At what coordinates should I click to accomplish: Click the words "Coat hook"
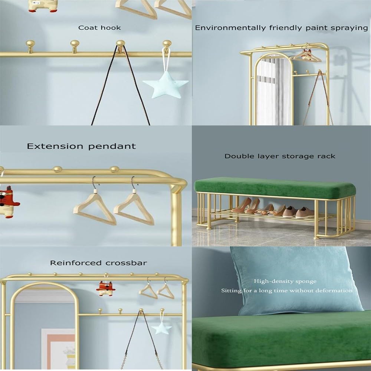99,28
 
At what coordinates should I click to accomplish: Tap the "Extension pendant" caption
81,146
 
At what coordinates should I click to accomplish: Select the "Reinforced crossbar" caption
98,263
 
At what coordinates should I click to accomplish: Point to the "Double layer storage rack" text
280,156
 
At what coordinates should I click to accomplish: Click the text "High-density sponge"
285,281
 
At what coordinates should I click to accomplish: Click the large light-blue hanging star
165,85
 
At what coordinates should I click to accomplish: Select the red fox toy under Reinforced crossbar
106,288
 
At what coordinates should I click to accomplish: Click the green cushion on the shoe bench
275,188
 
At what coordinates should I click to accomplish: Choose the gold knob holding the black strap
121,46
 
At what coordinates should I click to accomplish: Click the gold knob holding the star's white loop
167,45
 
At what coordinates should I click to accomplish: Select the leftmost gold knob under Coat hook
30,46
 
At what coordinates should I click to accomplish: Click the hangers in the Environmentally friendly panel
306,56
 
